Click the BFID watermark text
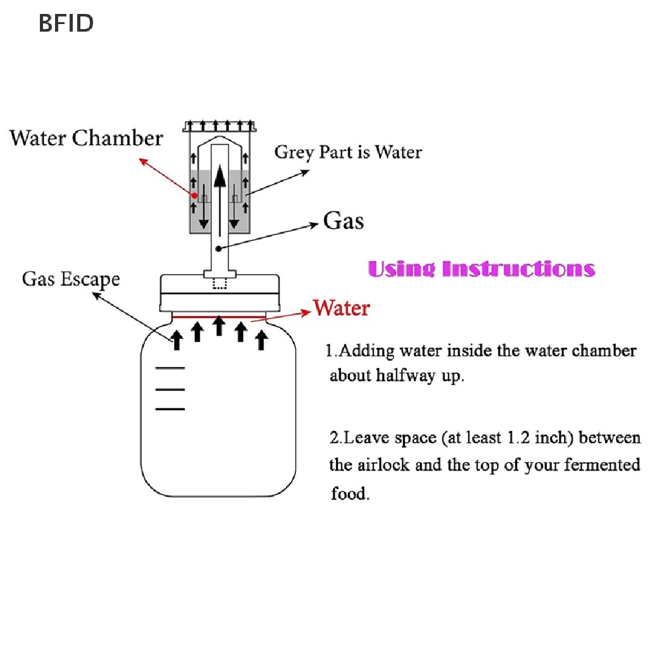[x=66, y=23]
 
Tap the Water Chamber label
[x=87, y=138]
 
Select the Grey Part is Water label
[x=347, y=153]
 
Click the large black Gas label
[x=344, y=221]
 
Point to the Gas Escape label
[x=71, y=279]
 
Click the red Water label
[x=342, y=308]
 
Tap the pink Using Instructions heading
[x=481, y=268]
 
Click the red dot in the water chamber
[x=194, y=195]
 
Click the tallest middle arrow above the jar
[x=219, y=326]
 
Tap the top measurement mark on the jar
[x=170, y=368]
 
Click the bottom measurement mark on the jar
[x=170, y=409]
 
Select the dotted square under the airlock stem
[x=219, y=283]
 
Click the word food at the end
[x=350, y=494]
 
